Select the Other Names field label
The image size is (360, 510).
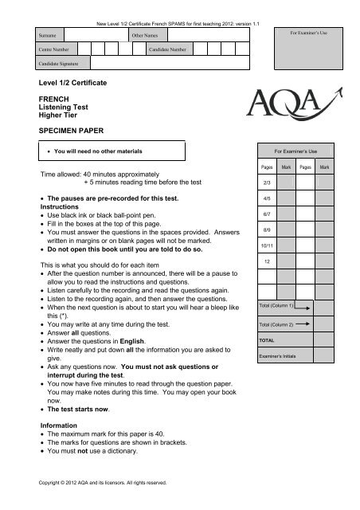144,36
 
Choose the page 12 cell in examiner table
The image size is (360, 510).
267,262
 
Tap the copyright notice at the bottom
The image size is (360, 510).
102,482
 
